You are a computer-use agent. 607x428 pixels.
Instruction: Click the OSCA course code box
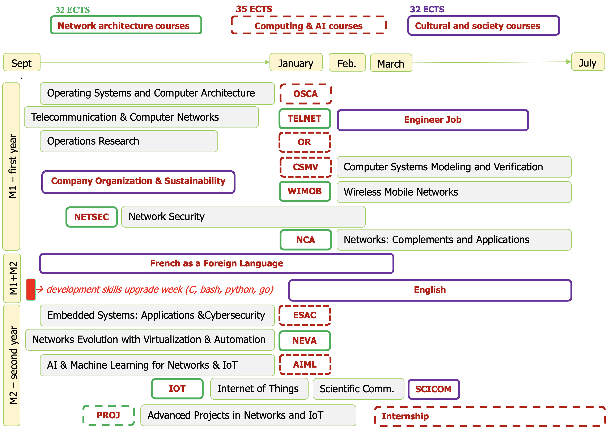click(x=305, y=94)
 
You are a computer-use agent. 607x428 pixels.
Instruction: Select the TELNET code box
click(x=305, y=119)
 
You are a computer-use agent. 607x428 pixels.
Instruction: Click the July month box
click(x=587, y=62)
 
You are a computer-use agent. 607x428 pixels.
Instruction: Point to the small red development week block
click(x=31, y=289)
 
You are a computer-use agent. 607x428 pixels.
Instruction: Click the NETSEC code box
click(x=92, y=217)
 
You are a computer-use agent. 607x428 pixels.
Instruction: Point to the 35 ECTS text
click(x=254, y=9)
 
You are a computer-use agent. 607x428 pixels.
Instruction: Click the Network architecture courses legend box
click(x=126, y=25)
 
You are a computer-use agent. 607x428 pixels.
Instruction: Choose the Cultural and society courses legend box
click(x=483, y=26)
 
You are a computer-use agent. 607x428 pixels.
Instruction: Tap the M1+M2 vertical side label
click(x=12, y=278)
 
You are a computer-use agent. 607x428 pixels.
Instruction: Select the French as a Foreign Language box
click(x=217, y=263)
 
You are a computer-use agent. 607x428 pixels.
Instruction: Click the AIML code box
click(x=305, y=364)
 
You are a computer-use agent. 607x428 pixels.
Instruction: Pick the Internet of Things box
click(x=259, y=389)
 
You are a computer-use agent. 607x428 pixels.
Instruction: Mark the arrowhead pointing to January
click(x=267, y=62)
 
